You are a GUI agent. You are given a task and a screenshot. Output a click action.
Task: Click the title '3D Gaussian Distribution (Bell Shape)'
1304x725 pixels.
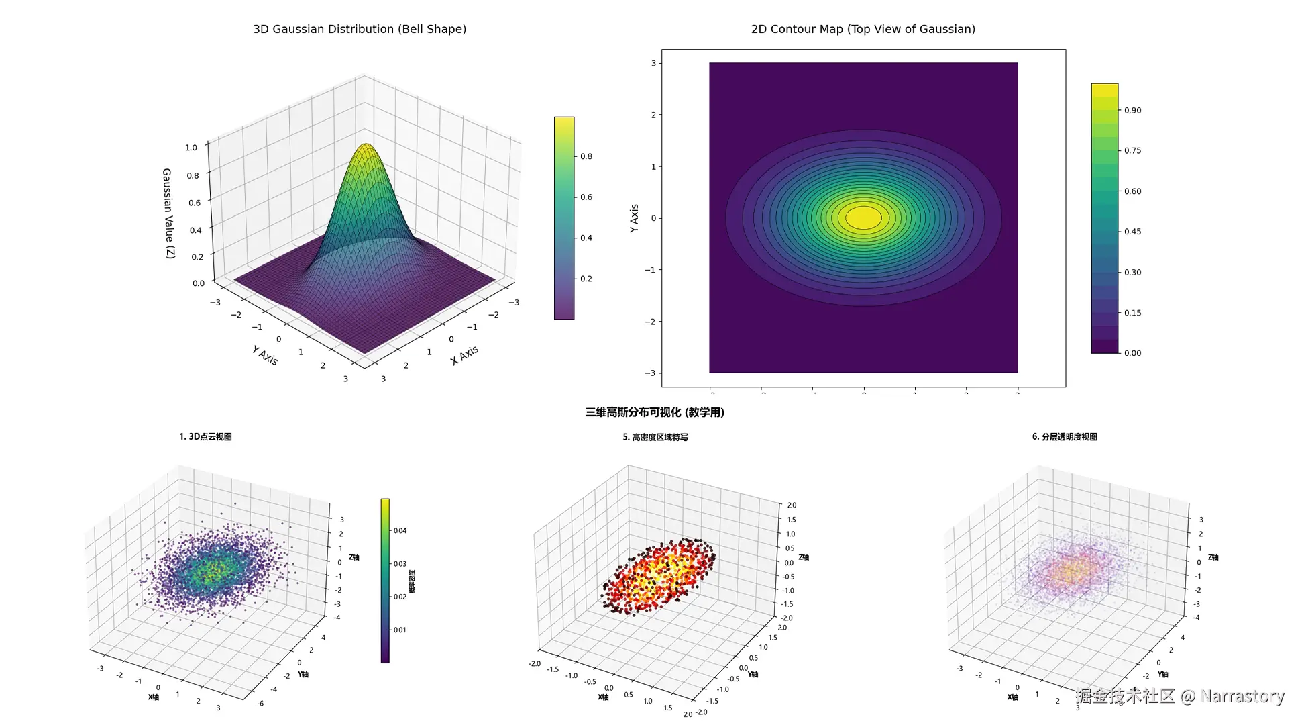coord(360,29)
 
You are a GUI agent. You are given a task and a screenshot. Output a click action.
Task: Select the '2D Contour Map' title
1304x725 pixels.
coord(863,29)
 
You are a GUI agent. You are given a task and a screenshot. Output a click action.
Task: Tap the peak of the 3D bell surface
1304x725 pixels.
coord(366,144)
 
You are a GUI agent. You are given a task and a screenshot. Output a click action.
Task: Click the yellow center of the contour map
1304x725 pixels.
coord(863,217)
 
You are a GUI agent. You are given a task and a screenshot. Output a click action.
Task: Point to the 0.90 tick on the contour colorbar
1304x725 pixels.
coord(1132,110)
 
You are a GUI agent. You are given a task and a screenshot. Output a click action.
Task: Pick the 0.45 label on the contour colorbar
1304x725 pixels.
coord(1132,232)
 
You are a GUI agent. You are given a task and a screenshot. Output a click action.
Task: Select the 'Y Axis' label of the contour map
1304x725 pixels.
coord(635,218)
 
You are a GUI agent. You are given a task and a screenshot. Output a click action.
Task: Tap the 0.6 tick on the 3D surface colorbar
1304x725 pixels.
coord(586,197)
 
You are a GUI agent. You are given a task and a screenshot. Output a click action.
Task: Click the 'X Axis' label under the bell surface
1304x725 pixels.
coord(464,355)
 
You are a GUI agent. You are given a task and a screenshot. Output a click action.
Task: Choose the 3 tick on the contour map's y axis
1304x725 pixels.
coord(653,64)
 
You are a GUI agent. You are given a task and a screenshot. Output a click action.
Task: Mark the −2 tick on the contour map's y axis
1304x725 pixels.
coord(650,322)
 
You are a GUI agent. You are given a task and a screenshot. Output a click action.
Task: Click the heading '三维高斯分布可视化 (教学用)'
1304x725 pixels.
coord(655,412)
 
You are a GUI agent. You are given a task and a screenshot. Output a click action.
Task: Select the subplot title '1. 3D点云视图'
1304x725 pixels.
coord(205,437)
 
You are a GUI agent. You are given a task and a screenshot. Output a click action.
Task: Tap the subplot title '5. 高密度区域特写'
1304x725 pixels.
coord(655,438)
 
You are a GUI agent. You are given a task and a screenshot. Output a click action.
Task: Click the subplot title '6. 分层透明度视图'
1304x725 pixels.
coord(1065,437)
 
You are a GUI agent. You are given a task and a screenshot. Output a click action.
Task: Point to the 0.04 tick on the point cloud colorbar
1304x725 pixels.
coord(400,531)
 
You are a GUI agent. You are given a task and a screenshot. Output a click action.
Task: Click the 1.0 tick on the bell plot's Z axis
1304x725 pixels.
coord(191,148)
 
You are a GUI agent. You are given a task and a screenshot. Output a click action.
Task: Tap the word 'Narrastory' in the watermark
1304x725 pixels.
coord(1242,696)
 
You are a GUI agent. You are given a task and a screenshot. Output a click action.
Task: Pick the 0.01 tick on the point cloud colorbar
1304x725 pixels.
coord(400,630)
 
